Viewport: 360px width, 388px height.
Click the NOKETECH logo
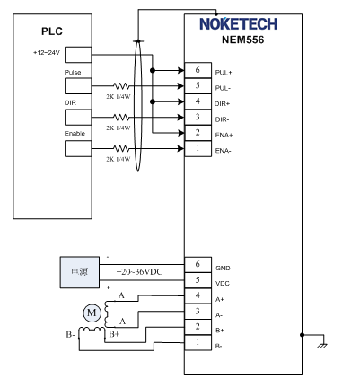click(238, 24)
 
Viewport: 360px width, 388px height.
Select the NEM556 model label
click(242, 40)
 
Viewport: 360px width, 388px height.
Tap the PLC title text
click(52, 31)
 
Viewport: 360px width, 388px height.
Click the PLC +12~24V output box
click(78, 55)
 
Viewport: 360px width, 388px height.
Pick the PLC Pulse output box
click(78, 86)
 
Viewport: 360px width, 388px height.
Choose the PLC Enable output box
click(78, 148)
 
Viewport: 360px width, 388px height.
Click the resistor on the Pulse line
click(121, 86)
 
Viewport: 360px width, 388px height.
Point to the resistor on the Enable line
click(121, 148)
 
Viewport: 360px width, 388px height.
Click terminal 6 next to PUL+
click(198, 70)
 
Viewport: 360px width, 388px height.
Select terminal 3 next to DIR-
click(198, 118)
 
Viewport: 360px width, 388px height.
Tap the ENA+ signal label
click(224, 135)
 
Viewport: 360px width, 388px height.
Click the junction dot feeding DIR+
click(153, 101)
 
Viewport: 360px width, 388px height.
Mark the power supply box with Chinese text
click(80, 272)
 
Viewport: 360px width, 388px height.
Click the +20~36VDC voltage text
click(139, 272)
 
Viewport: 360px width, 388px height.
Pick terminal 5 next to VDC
click(198, 280)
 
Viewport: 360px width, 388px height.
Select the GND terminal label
click(223, 268)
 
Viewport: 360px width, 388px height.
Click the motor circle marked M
click(92, 313)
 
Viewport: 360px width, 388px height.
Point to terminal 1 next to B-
click(198, 342)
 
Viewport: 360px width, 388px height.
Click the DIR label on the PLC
click(70, 102)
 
